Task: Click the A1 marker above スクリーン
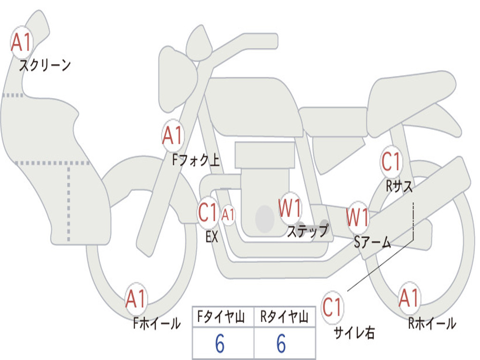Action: [x=22, y=42]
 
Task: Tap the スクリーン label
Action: [x=45, y=65]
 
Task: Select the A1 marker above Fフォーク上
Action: [x=173, y=135]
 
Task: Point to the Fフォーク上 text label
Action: [x=196, y=160]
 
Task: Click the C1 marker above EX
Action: [x=208, y=212]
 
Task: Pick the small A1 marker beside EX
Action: [x=228, y=215]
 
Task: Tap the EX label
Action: [x=212, y=237]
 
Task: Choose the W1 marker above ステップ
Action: [x=290, y=208]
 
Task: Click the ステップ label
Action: [x=307, y=231]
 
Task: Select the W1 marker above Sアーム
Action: [x=358, y=217]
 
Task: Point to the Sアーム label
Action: [x=373, y=242]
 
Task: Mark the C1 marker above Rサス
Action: [x=391, y=162]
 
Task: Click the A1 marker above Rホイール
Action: [x=409, y=298]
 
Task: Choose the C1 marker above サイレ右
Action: [x=332, y=307]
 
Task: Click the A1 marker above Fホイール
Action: [x=136, y=299]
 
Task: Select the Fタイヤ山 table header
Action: [x=221, y=317]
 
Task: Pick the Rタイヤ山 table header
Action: [x=285, y=317]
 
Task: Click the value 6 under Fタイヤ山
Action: [x=220, y=344]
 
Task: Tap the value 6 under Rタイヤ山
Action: [x=281, y=344]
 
